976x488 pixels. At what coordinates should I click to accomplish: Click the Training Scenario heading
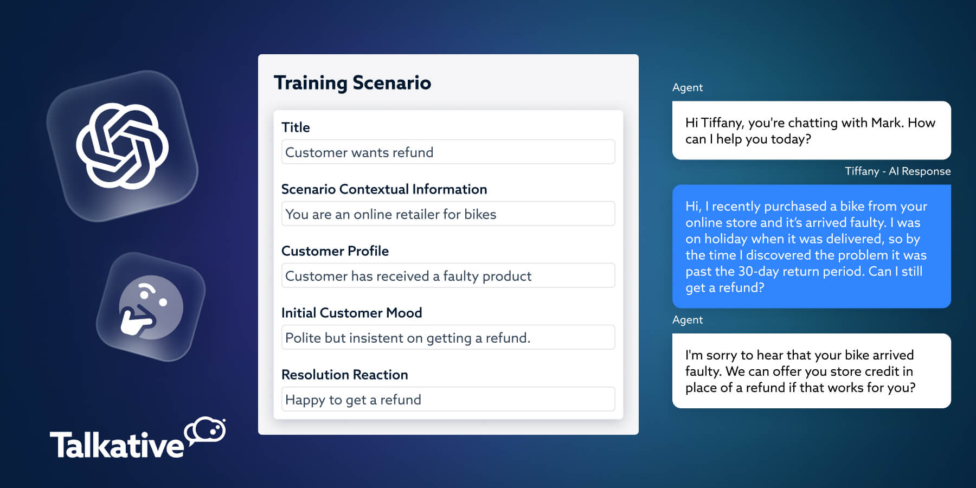click(352, 83)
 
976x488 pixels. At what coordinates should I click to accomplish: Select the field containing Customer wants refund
click(448, 152)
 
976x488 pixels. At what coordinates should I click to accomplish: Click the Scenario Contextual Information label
click(384, 189)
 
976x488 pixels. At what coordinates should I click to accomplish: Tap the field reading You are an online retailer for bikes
click(448, 214)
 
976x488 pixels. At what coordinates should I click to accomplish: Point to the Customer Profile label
click(335, 251)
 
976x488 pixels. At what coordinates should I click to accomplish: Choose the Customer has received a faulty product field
click(448, 276)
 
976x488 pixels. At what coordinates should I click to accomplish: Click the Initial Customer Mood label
click(351, 313)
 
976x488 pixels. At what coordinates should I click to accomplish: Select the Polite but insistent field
click(448, 338)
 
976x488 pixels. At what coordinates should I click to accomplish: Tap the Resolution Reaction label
click(344, 375)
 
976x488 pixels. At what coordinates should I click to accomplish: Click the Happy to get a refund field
click(448, 400)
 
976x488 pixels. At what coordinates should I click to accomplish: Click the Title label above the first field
click(296, 127)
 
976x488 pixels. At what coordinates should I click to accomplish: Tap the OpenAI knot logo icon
click(123, 146)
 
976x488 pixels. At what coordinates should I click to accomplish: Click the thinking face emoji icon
click(150, 307)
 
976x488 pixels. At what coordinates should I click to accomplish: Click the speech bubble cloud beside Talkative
click(206, 432)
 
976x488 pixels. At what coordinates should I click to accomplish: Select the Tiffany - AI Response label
click(897, 171)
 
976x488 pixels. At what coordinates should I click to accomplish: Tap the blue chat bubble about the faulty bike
click(811, 247)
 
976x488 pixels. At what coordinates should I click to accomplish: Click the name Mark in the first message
click(886, 123)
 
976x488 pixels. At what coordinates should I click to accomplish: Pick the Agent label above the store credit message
click(687, 320)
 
